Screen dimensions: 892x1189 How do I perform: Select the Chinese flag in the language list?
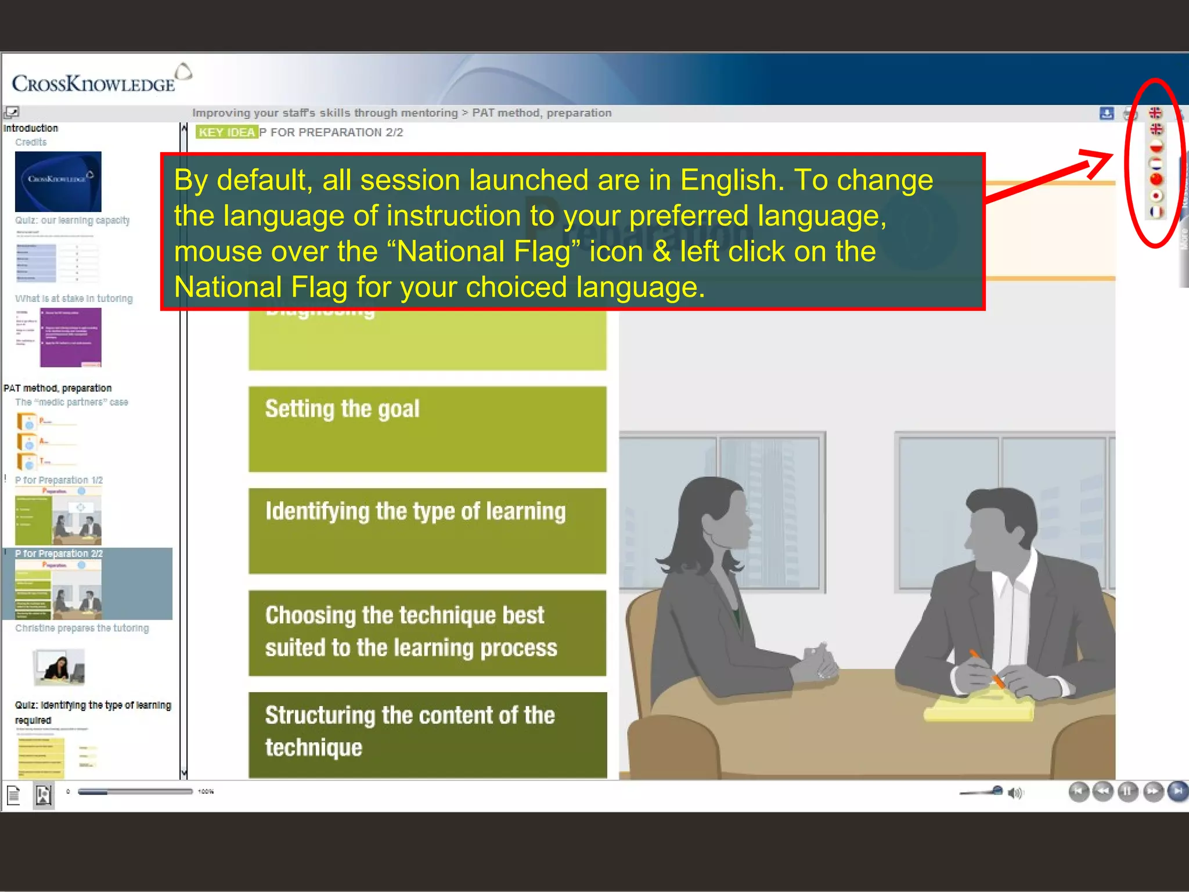coord(1156,179)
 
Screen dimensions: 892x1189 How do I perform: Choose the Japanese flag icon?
coord(1156,196)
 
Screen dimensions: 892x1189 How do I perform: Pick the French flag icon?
coord(1156,212)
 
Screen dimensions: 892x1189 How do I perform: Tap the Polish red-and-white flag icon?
coord(1156,146)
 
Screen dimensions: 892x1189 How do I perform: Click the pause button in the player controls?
coord(1127,791)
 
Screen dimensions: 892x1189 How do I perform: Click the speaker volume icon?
coord(1015,793)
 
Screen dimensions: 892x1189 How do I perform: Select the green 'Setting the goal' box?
coord(427,429)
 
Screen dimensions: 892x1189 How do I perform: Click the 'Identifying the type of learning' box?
coord(427,530)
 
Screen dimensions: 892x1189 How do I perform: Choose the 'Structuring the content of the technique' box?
coord(427,734)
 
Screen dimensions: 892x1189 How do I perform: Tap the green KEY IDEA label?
coord(226,132)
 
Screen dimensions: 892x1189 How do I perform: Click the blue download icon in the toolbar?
coord(1107,113)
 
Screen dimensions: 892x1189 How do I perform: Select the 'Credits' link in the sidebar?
coord(31,142)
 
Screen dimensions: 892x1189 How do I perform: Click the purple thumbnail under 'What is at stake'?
coord(70,337)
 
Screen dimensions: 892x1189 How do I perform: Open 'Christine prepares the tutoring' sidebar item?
coord(82,628)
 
